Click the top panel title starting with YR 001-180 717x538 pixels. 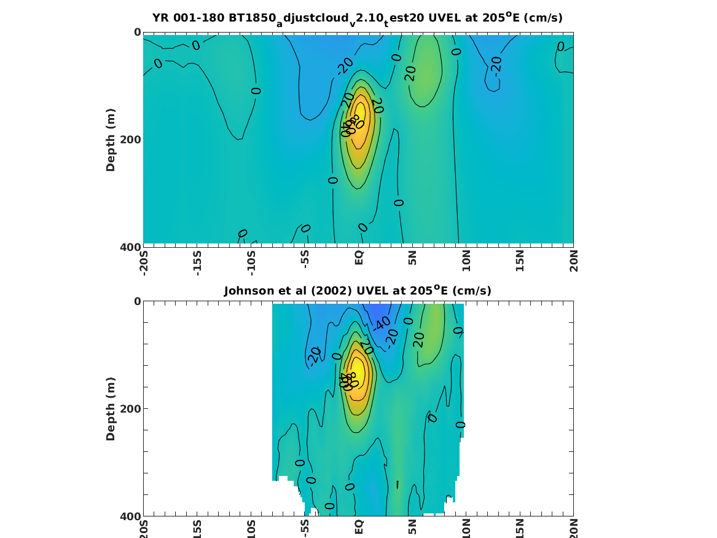358,18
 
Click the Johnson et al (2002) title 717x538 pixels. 358,290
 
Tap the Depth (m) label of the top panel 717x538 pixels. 111,140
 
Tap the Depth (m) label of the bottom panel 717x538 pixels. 111,409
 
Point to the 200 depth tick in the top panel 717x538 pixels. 131,140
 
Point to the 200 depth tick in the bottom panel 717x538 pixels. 131,409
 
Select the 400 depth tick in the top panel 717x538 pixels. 131,247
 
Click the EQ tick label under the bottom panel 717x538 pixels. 359,528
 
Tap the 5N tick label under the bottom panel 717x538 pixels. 413,527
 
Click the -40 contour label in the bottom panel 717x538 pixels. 383,323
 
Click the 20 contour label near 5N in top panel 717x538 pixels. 410,73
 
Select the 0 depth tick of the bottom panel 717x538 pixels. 138,301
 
